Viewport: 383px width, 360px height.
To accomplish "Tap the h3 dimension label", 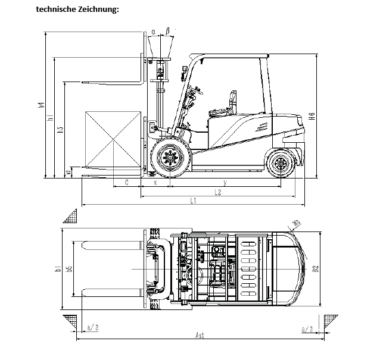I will point(60,130).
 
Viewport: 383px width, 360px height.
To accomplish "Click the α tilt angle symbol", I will point(153,31).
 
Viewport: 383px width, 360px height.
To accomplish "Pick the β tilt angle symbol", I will point(168,30).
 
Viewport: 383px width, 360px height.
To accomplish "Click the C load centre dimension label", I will point(127,182).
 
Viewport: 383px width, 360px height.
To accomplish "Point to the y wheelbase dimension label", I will point(224,182).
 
